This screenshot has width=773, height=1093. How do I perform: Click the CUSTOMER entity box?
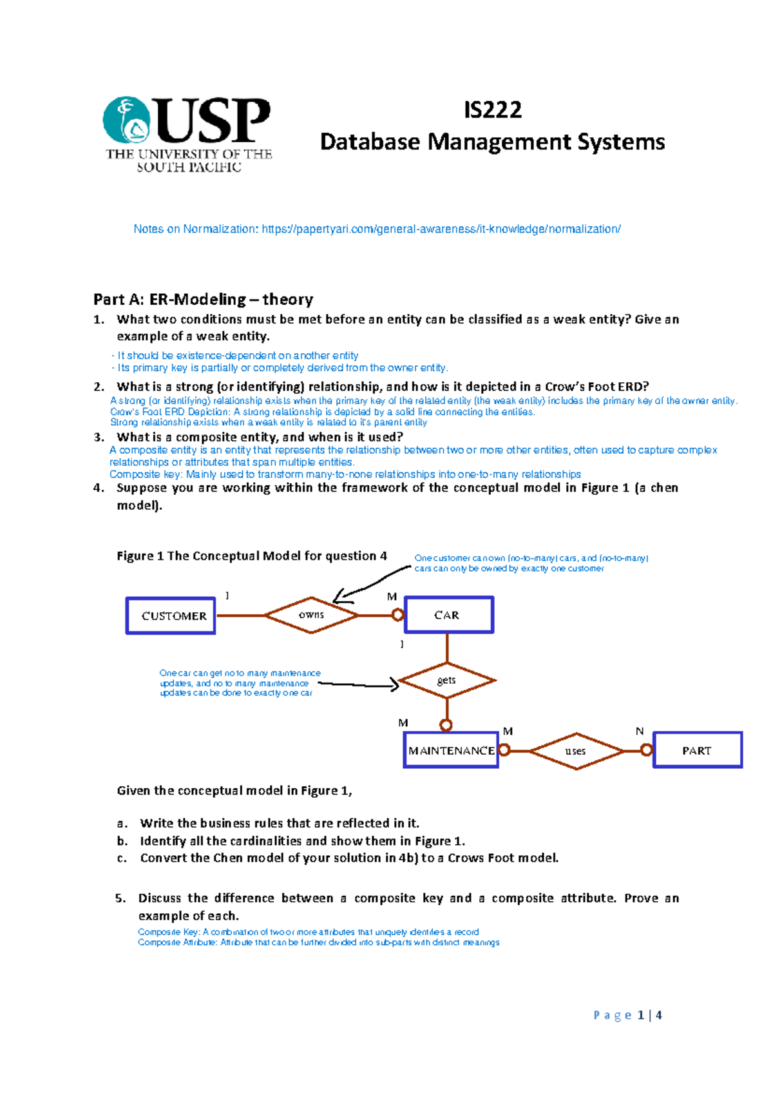point(171,616)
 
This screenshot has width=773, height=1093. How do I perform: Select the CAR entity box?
point(448,615)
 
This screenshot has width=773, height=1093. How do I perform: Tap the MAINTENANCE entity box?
point(451,750)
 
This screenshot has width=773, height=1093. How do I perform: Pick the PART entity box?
point(698,750)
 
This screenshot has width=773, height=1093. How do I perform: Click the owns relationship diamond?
point(311,615)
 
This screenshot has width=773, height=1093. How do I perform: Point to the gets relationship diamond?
point(446,681)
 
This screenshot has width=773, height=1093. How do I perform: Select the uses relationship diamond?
point(576,751)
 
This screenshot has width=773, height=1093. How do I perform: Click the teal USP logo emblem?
point(127,120)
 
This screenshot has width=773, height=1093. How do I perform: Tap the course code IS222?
point(493,110)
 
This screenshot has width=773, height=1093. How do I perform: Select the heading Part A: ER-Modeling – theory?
point(203,299)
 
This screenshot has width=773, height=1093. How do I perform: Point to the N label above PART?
point(640,731)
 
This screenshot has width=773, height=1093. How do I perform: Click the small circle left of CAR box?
point(398,615)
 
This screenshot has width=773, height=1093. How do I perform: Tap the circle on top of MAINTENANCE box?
point(446,726)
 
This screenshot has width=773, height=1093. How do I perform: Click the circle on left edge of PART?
point(647,750)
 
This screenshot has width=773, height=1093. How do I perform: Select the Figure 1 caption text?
point(252,556)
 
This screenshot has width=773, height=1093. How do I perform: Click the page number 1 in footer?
point(641,1015)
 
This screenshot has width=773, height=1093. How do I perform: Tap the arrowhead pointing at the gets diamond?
point(394,685)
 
